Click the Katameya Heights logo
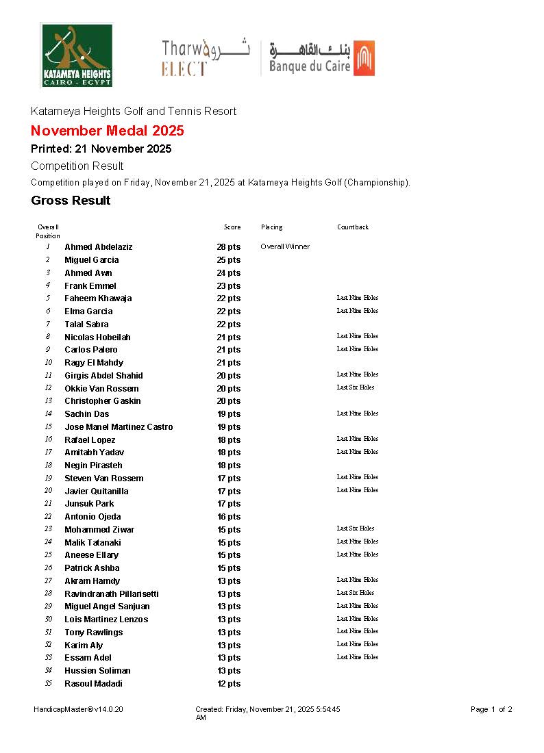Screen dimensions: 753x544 (77, 55)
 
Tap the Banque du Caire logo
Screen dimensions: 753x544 (322, 58)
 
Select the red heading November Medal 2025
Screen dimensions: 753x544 (108, 131)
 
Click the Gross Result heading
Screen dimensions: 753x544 (71, 201)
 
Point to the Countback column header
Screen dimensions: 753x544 (353, 227)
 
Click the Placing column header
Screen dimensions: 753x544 (271, 227)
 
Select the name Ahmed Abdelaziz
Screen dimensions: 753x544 (99, 247)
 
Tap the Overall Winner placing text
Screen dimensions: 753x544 (285, 246)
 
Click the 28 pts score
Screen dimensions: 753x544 (229, 247)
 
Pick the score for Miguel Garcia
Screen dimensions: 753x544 (229, 260)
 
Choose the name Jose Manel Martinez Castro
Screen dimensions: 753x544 (119, 427)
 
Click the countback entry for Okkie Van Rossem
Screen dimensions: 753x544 (356, 387)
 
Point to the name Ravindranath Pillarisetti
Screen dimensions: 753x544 (111, 594)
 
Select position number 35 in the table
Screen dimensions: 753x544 (48, 683)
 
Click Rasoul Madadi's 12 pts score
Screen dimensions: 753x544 (229, 684)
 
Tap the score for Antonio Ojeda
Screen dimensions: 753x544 (229, 517)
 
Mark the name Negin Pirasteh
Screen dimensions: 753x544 (94, 465)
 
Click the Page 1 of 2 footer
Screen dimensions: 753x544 (491, 710)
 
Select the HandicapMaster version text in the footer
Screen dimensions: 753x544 (78, 710)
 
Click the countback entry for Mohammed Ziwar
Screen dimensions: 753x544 (356, 528)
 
